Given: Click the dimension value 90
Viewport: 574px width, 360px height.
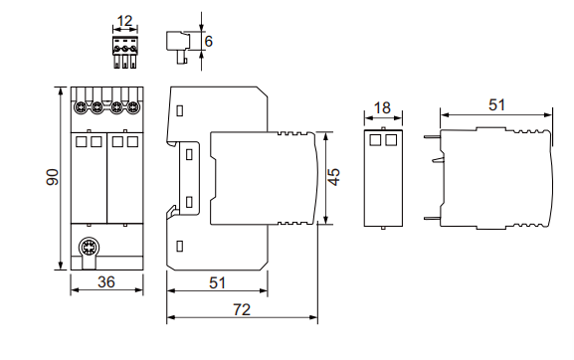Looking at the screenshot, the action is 53,177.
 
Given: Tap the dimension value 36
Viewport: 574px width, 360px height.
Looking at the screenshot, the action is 106,282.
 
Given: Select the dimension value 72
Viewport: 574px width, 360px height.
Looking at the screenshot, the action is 242,310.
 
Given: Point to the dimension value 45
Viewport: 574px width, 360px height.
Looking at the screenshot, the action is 334,177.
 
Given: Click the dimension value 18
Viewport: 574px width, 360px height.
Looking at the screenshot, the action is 383,108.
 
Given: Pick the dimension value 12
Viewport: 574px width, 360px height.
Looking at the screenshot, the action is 124,21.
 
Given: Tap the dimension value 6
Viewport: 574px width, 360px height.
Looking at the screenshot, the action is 209,41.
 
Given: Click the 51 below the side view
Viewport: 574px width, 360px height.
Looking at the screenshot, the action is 217,282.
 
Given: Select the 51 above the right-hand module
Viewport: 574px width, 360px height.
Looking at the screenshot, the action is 496,105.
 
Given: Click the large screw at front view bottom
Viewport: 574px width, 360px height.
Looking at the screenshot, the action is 89,248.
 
